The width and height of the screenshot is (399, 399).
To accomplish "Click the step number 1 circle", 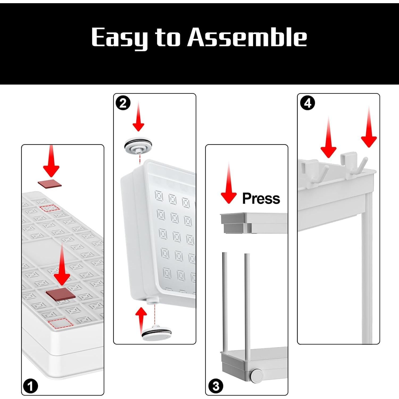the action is [31, 386].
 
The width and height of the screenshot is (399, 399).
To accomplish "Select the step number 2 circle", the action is [123, 103].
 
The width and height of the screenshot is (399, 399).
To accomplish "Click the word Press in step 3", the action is [261, 198].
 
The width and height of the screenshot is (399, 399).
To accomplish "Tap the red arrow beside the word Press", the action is [228, 183].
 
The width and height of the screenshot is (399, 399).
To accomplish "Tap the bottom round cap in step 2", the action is [157, 333].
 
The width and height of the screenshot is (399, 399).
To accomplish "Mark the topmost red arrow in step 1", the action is [51, 161].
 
